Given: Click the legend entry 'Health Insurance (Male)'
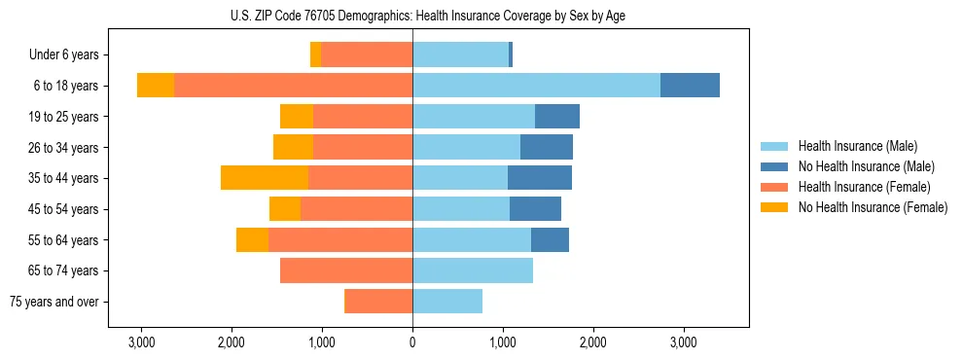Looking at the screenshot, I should click(857, 146).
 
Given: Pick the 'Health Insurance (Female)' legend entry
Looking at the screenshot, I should click(864, 187).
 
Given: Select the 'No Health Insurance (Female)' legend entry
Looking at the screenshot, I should click(873, 207).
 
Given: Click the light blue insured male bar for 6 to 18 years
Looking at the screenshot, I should click(536, 86).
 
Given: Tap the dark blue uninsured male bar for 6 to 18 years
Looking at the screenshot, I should click(690, 86).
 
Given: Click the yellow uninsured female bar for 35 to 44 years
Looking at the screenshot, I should click(265, 178).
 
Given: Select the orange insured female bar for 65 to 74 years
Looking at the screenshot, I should click(346, 270).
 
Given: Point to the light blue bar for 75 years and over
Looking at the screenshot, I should click(447, 302).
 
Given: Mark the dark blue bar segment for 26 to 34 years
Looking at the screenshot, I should click(547, 147).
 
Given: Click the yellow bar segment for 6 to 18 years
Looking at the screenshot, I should click(156, 86).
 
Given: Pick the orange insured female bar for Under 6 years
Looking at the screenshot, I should click(367, 54).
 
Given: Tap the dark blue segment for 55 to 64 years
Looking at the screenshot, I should click(550, 239).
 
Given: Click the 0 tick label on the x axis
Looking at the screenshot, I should click(412, 342).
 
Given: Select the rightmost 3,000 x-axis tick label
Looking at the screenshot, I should click(683, 342).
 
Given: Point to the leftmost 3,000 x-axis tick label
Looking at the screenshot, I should click(141, 342).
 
